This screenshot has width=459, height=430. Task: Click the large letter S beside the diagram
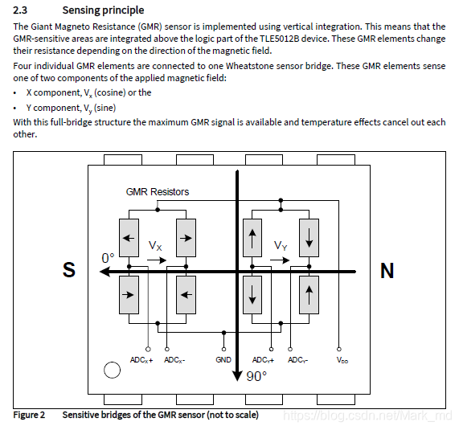69,269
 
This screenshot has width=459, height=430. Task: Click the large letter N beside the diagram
387,271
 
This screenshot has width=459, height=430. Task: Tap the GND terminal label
223,359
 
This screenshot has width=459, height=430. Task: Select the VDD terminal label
342,360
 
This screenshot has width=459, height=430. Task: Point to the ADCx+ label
141,360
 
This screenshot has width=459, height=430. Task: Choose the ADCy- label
297,360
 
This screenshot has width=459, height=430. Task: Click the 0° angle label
108,258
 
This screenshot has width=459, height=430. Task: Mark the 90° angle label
256,376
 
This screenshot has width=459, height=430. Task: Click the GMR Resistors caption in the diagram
158,192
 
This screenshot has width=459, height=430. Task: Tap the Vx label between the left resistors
155,245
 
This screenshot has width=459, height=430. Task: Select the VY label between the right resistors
281,245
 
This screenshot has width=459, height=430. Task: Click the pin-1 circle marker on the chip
112,370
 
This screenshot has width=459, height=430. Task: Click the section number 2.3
20,10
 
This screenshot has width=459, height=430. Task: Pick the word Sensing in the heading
80,10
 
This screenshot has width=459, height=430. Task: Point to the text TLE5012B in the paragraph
280,39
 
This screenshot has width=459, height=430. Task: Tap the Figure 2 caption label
29,415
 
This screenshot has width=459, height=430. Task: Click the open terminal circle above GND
224,349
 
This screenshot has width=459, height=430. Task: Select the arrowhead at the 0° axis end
105,272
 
